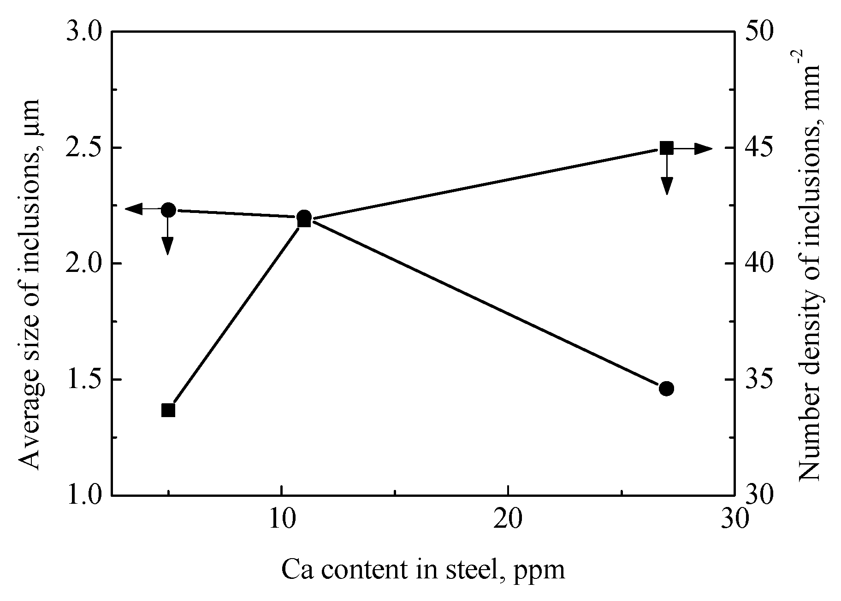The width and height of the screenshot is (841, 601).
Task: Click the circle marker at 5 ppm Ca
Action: coord(168,210)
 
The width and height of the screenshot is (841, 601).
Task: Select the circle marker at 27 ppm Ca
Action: coord(666,389)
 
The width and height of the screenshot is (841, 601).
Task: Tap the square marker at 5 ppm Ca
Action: coord(168,410)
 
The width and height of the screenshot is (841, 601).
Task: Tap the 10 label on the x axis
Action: coord(281,519)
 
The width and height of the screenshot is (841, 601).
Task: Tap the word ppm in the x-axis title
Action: coord(544,572)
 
